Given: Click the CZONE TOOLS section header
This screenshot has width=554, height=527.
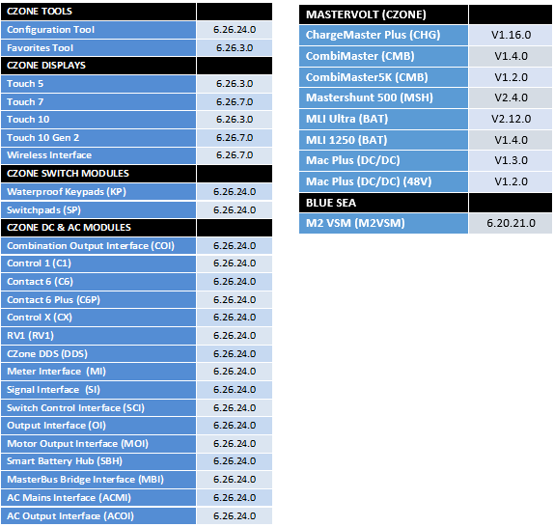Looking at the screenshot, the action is [x=40, y=12].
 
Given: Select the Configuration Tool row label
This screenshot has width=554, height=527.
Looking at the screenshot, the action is [x=51, y=30].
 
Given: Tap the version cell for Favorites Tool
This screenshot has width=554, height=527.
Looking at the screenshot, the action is [x=235, y=48].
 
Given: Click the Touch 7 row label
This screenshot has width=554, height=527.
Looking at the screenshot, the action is [x=25, y=102].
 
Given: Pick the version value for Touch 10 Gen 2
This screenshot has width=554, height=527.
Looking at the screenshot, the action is [x=235, y=138].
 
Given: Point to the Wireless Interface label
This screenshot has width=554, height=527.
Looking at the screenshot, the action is [x=49, y=155].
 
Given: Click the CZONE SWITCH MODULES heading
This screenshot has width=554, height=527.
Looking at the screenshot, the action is [x=69, y=174].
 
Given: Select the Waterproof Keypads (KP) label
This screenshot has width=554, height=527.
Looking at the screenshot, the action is [x=67, y=192].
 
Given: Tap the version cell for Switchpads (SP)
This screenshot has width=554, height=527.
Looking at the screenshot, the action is [x=235, y=210].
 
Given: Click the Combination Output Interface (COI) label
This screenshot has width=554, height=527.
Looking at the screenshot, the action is [x=91, y=246].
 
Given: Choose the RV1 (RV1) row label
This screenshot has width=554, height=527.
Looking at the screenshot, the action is [x=30, y=336].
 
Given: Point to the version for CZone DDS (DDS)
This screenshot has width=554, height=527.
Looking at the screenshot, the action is [x=235, y=354].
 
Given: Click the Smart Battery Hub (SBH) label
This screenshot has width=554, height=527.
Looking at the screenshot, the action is [x=65, y=461].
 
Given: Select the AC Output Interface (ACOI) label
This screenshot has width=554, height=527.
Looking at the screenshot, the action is [x=70, y=516].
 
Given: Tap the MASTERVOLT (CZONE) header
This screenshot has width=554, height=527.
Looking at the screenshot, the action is [x=366, y=14].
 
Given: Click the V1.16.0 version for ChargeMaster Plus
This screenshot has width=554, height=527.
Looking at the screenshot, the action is [x=511, y=35].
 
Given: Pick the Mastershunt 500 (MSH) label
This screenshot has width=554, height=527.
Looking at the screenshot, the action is [x=370, y=97].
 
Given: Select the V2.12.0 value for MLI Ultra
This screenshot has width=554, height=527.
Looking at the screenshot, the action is [x=511, y=119].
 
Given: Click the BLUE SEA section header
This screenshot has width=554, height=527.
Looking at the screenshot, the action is [x=331, y=203].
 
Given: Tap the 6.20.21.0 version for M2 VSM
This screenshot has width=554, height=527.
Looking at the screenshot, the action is [x=511, y=223].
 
